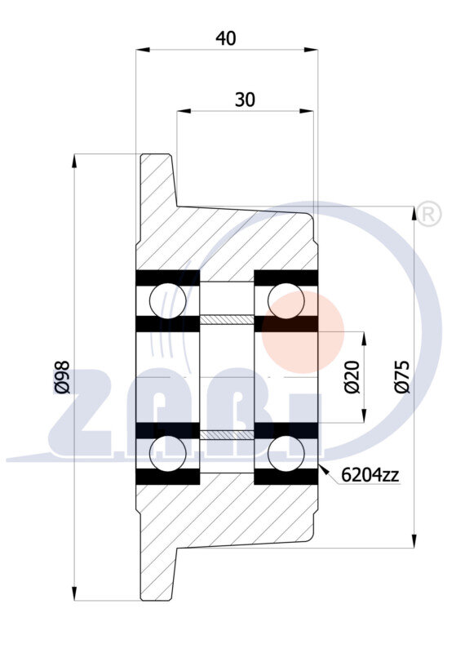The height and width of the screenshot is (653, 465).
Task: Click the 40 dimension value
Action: click(x=226, y=38)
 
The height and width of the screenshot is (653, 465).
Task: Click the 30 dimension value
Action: click(x=245, y=100)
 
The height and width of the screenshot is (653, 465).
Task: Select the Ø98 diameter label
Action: click(x=62, y=377)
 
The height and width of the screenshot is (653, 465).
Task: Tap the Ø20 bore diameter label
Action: click(x=352, y=377)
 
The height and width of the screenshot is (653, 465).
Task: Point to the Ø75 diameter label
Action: click(x=402, y=377)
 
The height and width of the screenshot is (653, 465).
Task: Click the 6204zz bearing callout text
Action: click(x=370, y=474)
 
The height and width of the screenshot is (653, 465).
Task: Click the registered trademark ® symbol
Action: click(x=429, y=214)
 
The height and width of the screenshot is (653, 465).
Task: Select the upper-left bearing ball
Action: click(x=168, y=300)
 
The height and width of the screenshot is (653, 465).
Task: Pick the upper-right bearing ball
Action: click(x=286, y=300)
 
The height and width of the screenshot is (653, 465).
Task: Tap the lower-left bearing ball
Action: click(x=168, y=454)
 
